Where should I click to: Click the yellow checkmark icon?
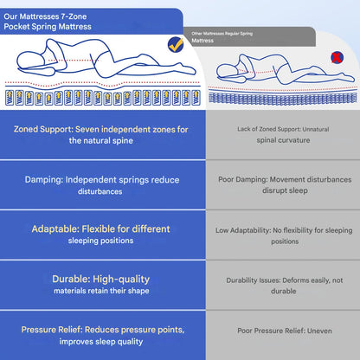pyautogui.click(x=176, y=45)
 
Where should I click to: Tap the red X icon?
pyautogui.click(x=337, y=57)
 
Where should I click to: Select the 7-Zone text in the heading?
pyautogui.click(x=74, y=16)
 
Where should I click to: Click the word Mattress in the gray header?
pyautogui.click(x=202, y=41)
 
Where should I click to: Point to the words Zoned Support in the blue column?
pyautogui.click(x=43, y=129)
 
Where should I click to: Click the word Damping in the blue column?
pyautogui.click(x=43, y=180)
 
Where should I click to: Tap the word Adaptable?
pyautogui.click(x=55, y=229)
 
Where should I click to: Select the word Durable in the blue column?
pyautogui.click(x=71, y=279)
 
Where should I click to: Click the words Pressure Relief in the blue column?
pyautogui.click(x=52, y=330)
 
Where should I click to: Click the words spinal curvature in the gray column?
pyautogui.click(x=283, y=140)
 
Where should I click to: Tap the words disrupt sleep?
pyautogui.click(x=285, y=190)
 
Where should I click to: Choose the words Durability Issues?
pyautogui.click(x=254, y=280)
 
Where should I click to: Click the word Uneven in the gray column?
pyautogui.click(x=319, y=331)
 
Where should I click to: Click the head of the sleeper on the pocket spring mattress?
pyautogui.click(x=30, y=61)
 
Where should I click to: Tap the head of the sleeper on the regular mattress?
pyautogui.click(x=227, y=71)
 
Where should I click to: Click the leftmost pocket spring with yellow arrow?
pyautogui.click(x=10, y=97)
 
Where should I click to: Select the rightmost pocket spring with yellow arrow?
pyautogui.click(x=196, y=98)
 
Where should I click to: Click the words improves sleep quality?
pyautogui.click(x=101, y=342)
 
